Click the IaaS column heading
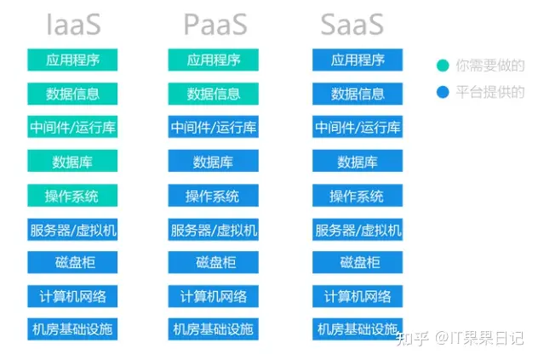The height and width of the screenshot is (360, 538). [73, 25]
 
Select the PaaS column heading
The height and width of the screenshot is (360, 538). [215, 25]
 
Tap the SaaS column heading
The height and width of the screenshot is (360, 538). [352, 25]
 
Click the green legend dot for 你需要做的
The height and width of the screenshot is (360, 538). [443, 66]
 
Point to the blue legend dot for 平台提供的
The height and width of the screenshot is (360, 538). [443, 92]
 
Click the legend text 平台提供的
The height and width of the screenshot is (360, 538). [490, 92]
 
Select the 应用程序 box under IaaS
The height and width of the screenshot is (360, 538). [72, 60]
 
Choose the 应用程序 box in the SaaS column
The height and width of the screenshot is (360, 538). [358, 60]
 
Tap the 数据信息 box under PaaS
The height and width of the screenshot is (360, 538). [213, 94]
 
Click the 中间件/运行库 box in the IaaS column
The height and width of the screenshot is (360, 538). [72, 127]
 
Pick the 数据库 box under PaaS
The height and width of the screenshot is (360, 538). [213, 161]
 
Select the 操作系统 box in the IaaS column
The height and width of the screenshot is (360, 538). [72, 195]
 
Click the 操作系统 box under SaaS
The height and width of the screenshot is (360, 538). [358, 195]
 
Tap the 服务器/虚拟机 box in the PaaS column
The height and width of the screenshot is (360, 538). [213, 229]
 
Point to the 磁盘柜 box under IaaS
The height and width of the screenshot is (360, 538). [72, 262]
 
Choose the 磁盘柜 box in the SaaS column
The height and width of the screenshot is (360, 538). [358, 262]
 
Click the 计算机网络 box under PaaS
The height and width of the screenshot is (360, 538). [213, 296]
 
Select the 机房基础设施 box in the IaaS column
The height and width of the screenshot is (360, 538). [72, 329]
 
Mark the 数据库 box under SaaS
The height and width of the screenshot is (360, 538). [358, 161]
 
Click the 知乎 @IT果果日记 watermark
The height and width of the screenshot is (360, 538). [460, 338]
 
